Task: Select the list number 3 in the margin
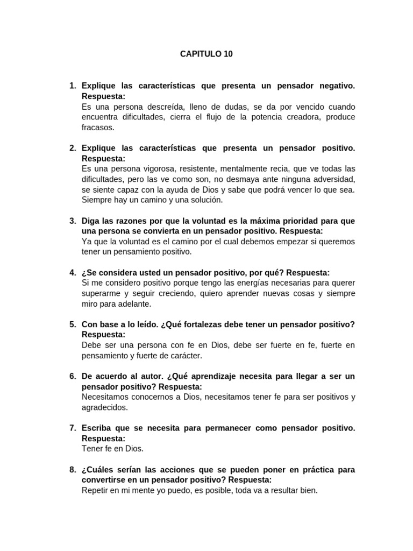73,221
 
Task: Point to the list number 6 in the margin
73,376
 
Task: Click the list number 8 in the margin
73,470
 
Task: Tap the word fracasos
98,128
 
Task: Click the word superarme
101,293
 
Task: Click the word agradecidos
105,407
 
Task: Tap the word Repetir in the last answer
96,490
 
